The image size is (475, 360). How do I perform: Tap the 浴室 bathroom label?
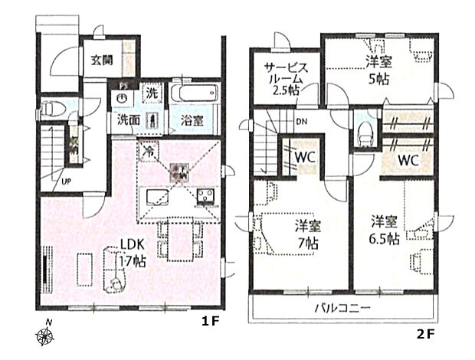point(192,121)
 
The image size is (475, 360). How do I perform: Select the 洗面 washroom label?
point(128,120)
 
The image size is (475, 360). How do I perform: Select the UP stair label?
point(67,182)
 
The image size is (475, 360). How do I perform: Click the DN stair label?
point(302,121)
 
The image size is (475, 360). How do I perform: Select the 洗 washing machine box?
point(152,93)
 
